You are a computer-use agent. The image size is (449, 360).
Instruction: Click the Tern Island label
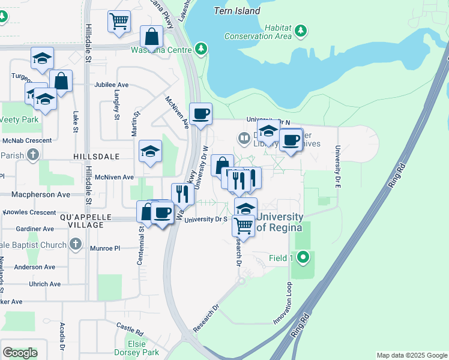coord(238,11)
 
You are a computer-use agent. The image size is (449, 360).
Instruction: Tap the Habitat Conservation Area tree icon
coord(302,29)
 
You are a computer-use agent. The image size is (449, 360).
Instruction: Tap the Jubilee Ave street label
coord(111,85)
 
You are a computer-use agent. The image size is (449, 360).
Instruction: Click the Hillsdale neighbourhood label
coord(96,156)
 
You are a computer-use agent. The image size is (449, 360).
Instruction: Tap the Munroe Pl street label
coord(105,248)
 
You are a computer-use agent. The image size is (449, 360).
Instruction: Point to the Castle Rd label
coord(130,329)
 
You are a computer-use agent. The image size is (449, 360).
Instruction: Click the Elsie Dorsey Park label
coord(136,348)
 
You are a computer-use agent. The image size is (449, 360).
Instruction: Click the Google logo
coord(19,353)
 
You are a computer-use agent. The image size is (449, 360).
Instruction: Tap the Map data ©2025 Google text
coord(411,355)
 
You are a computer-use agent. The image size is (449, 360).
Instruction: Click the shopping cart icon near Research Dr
coord(243,226)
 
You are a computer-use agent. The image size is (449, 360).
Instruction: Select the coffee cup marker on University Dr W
coord(201,113)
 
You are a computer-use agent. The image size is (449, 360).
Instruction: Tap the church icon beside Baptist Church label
coord(75,244)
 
